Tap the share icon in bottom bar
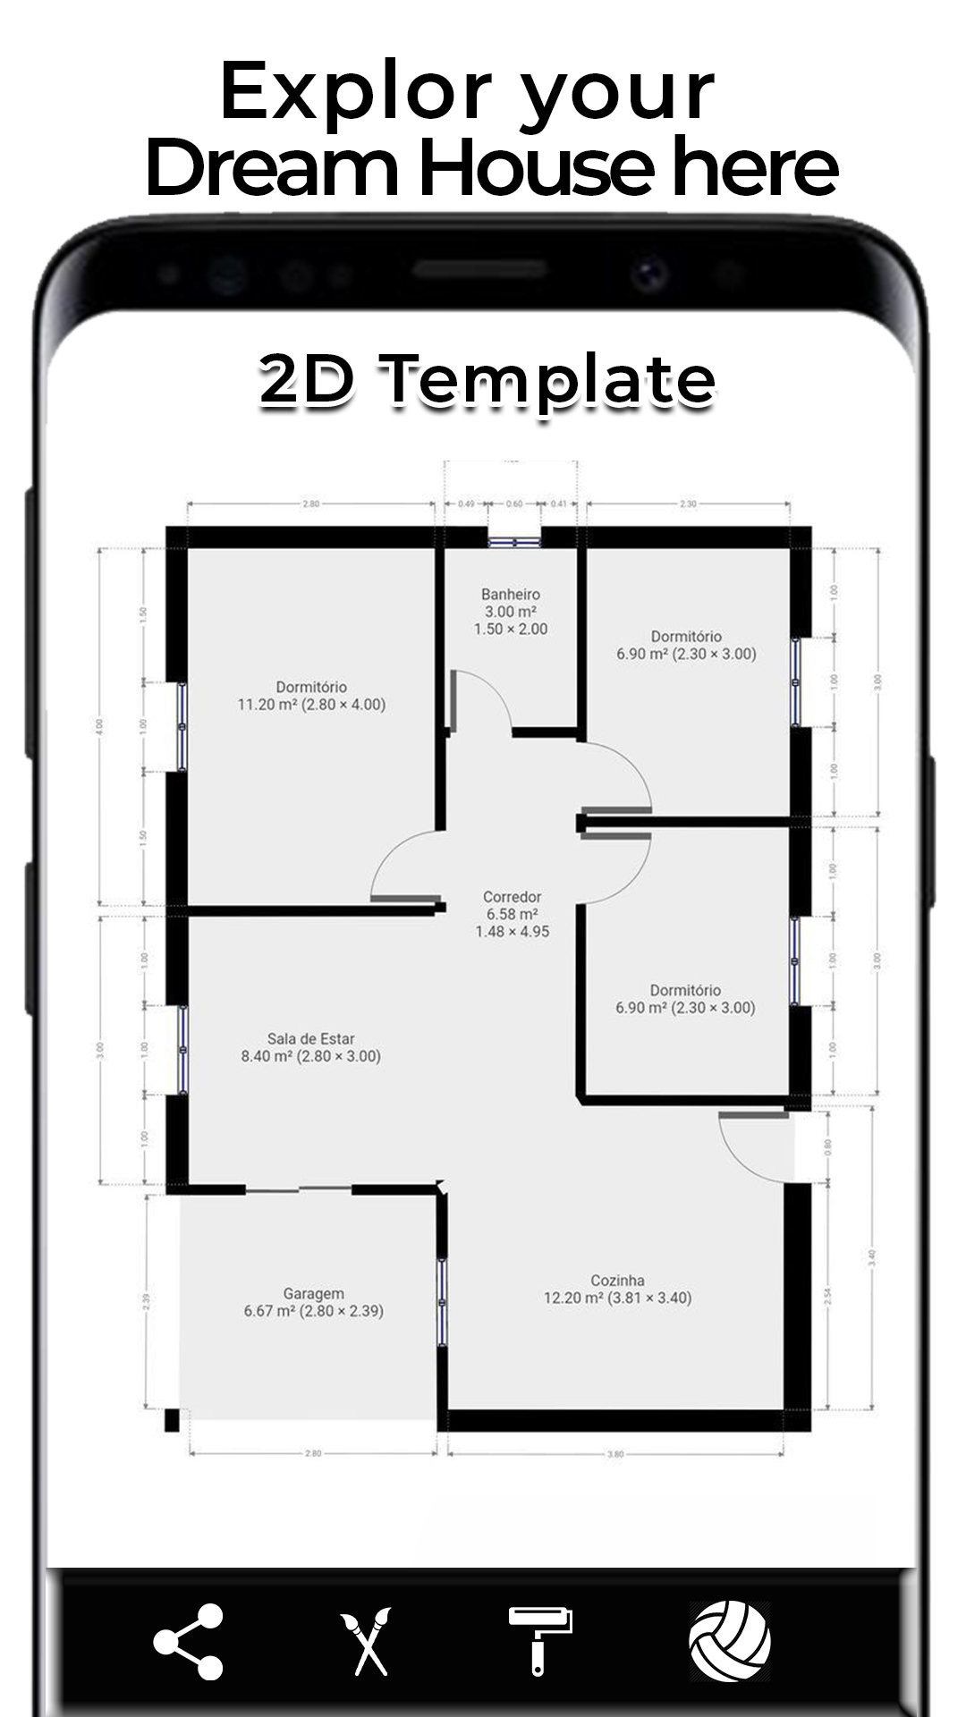tap(188, 1642)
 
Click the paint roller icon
tap(540, 1640)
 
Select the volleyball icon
tap(730, 1640)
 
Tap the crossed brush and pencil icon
tap(365, 1642)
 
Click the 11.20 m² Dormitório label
tap(311, 696)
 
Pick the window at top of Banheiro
tap(514, 541)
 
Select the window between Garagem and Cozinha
tap(442, 1300)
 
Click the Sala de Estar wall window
tap(182, 1049)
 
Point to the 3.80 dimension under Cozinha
tap(615, 1454)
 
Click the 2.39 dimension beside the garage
tap(146, 1300)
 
